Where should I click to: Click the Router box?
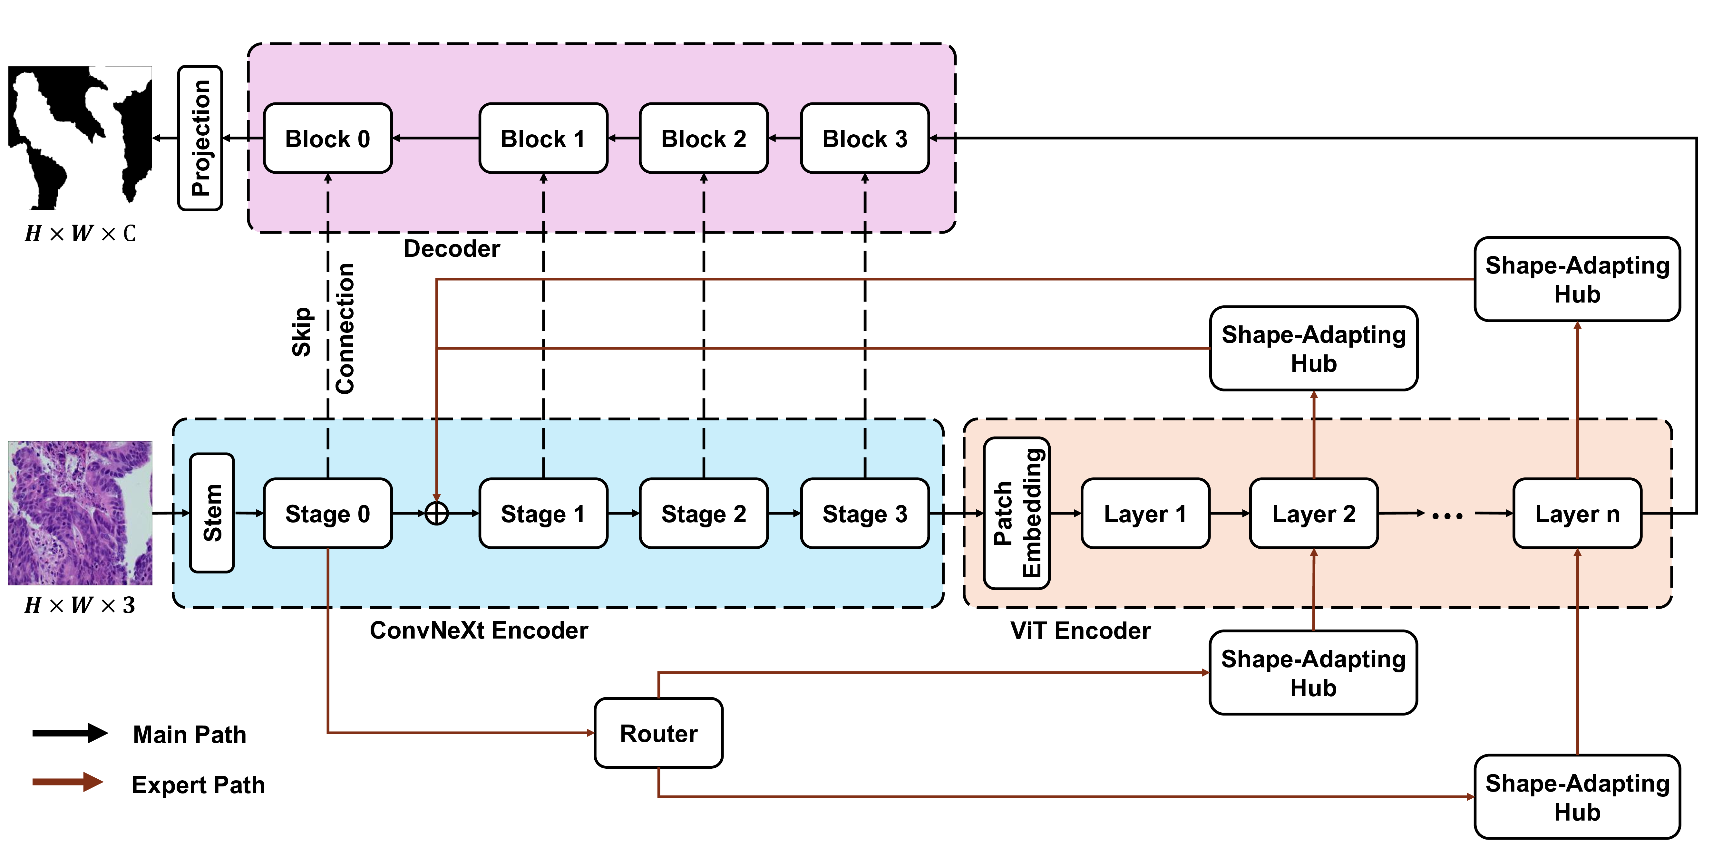click(x=658, y=733)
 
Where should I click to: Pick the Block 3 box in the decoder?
click(x=864, y=138)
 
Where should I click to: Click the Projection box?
click(x=200, y=138)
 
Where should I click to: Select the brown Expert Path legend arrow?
click(x=68, y=782)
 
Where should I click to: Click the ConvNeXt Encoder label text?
click(x=479, y=630)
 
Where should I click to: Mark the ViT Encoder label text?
click(x=1080, y=630)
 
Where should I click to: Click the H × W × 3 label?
click(x=80, y=605)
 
